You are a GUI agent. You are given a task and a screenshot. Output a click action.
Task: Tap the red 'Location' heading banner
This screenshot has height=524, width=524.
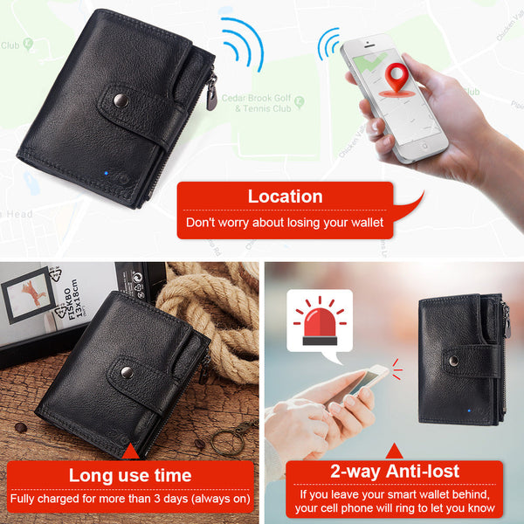point(285,196)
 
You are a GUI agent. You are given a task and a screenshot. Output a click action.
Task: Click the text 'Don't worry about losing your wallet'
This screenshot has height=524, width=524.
point(285,224)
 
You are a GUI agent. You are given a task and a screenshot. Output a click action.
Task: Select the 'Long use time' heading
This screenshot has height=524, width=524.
point(130,475)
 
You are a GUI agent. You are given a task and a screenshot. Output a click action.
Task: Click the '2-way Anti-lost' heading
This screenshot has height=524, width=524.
point(394,472)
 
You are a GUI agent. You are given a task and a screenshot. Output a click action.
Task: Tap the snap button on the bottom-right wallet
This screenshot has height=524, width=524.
point(452,358)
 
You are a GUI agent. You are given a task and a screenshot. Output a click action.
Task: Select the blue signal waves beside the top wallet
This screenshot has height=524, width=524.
point(244,45)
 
